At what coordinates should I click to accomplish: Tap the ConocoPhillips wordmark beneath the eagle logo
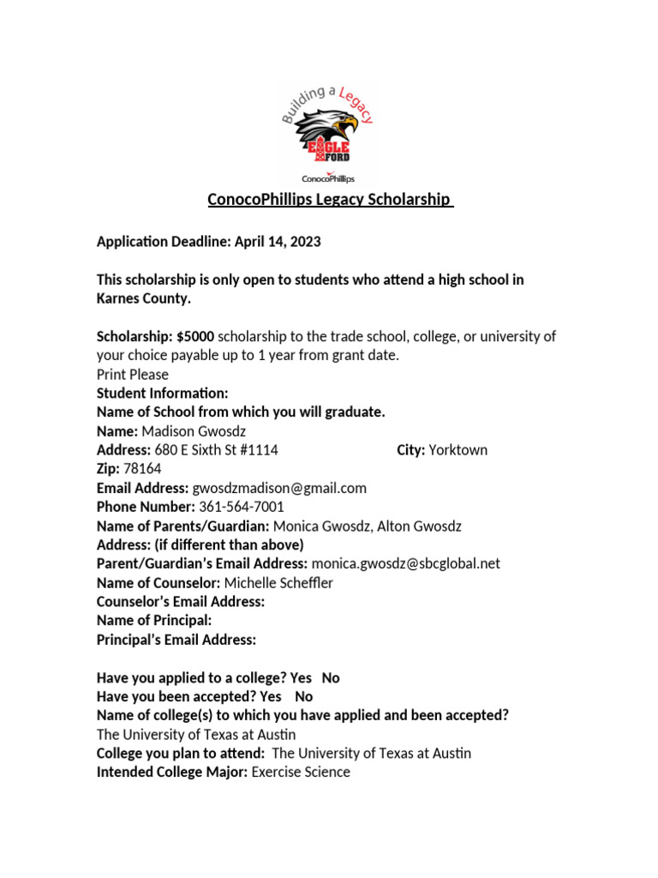coord(328,178)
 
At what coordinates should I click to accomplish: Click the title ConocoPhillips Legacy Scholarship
coord(329,200)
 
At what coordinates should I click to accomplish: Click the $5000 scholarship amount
coord(196,336)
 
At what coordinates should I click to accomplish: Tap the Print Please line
coord(133,375)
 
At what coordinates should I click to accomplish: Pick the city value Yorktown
coord(458,450)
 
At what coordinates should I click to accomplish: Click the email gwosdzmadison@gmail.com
coord(279,488)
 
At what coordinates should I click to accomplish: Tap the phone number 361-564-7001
coord(242,507)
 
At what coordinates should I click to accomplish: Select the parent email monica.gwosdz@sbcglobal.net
coord(406,563)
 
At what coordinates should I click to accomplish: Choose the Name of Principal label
coord(154,621)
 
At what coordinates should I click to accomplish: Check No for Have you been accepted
coord(303,696)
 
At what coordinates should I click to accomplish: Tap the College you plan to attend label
coord(180,753)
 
